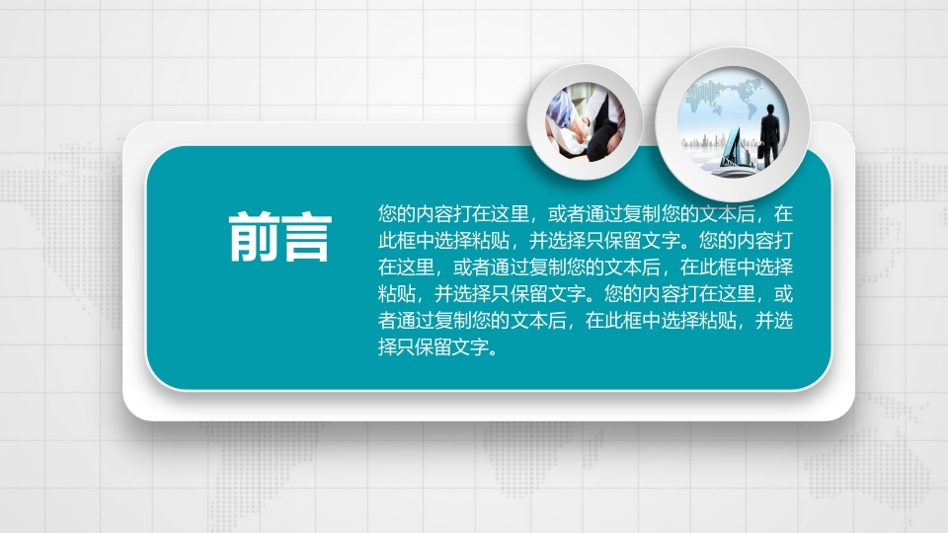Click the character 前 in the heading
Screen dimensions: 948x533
tap(254, 237)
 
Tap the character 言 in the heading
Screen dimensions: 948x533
tap(306, 237)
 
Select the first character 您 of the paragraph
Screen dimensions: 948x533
tap(387, 214)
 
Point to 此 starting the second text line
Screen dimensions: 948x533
tap(387, 241)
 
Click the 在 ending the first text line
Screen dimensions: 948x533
tap(783, 214)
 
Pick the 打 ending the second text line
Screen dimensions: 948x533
tap(783, 241)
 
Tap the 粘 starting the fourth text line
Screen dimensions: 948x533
tap(387, 294)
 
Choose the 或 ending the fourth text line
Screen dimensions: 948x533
tap(783, 294)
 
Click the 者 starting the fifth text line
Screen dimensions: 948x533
tap(387, 320)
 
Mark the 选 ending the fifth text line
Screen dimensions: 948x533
tap(783, 320)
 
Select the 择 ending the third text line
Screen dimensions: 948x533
tap(783, 267)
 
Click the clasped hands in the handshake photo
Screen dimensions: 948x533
tap(579, 129)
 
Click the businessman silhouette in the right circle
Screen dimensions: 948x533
tap(769, 135)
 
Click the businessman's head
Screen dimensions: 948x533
tap(771, 109)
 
